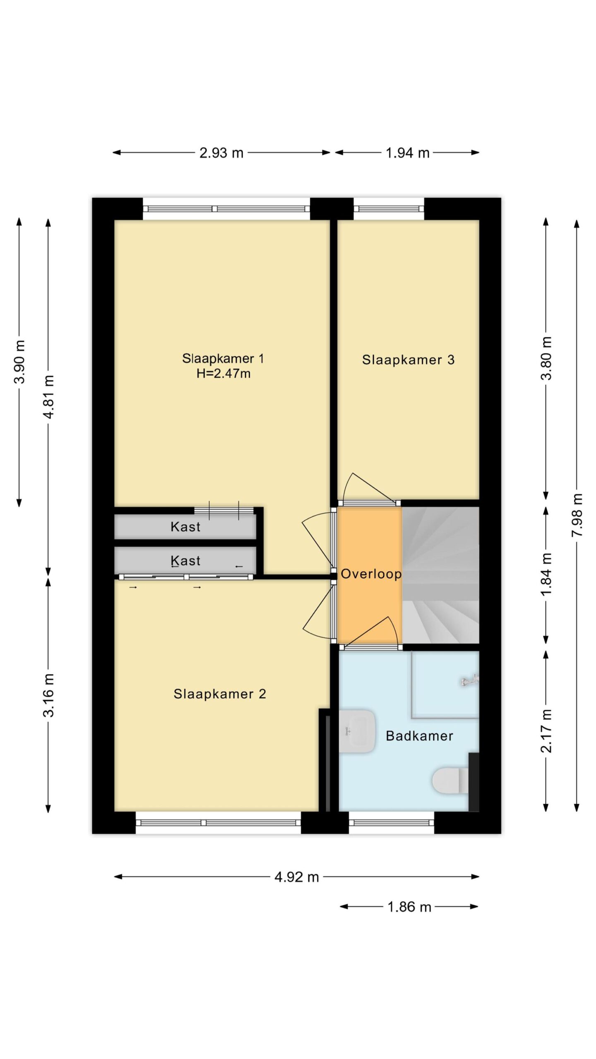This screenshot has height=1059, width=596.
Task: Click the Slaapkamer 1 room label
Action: click(x=223, y=358)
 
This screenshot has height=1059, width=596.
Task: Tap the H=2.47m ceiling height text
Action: click(x=223, y=374)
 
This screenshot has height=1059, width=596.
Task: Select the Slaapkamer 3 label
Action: click(x=408, y=359)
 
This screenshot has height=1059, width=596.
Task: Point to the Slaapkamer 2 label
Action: click(x=219, y=694)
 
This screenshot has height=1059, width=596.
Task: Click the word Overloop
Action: click(x=371, y=574)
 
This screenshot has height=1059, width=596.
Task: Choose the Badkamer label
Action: click(x=419, y=736)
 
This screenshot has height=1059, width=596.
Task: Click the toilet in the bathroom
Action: click(x=450, y=781)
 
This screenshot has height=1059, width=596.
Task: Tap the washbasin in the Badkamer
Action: click(x=357, y=731)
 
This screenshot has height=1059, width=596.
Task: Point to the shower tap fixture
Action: click(x=470, y=680)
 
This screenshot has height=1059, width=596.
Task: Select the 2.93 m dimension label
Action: click(x=221, y=153)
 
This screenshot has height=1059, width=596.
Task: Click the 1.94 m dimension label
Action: click(x=407, y=153)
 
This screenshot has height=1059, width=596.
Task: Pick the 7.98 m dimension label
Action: click(x=577, y=515)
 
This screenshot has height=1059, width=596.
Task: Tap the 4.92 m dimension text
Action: click(x=297, y=877)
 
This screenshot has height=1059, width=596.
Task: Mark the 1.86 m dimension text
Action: click(x=409, y=907)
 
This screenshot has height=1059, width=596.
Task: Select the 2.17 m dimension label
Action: click(x=546, y=731)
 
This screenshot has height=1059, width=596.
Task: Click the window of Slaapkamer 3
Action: click(x=389, y=209)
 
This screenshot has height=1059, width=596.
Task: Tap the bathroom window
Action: click(x=392, y=822)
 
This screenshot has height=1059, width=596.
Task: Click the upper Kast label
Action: click(x=185, y=527)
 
